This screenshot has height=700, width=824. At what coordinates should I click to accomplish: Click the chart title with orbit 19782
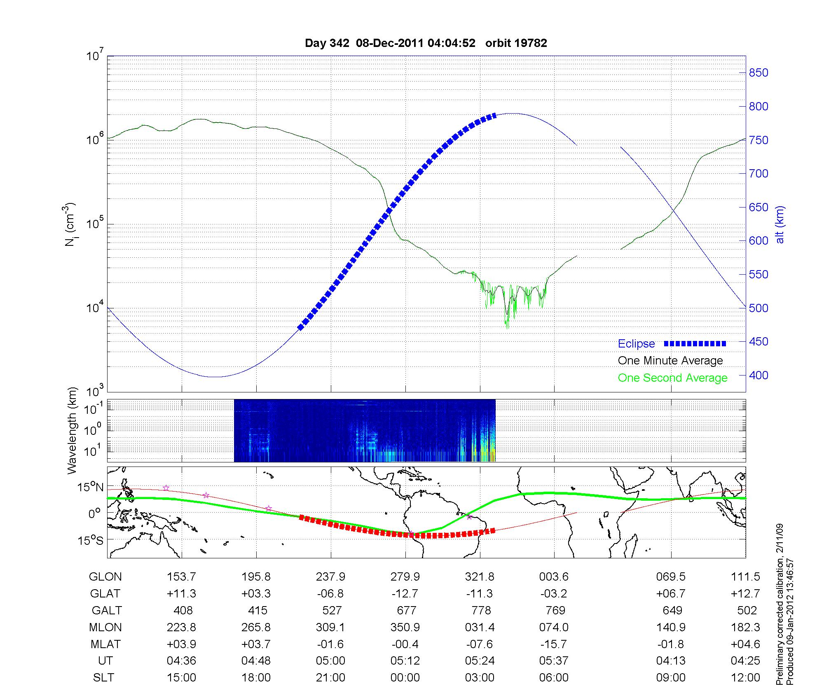click(x=426, y=43)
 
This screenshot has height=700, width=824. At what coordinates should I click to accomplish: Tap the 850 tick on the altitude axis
click(x=758, y=73)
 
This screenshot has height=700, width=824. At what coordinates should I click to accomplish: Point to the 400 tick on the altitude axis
click(x=758, y=375)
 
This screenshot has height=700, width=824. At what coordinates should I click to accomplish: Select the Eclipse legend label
click(x=636, y=344)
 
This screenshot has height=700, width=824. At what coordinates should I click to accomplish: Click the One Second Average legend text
click(x=672, y=378)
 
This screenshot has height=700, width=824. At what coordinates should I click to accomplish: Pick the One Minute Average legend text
click(x=670, y=361)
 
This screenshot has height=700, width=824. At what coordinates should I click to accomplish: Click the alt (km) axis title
click(x=780, y=224)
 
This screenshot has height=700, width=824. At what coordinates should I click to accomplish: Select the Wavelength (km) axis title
click(x=72, y=430)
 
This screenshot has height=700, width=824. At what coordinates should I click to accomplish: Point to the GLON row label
click(x=105, y=577)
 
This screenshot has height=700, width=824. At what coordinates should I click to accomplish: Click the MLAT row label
click(x=105, y=644)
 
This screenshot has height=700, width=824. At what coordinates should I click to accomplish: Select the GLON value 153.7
click(x=181, y=577)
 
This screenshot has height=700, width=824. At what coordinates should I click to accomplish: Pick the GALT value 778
click(x=481, y=610)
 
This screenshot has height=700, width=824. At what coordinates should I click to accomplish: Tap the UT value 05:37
click(x=554, y=661)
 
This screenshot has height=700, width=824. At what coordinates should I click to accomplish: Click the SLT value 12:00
click(x=745, y=678)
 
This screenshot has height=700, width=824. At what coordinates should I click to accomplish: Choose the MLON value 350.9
click(x=405, y=627)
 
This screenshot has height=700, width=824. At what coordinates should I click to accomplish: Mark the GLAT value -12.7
click(x=405, y=594)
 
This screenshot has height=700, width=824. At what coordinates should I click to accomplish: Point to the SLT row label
click(x=103, y=678)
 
